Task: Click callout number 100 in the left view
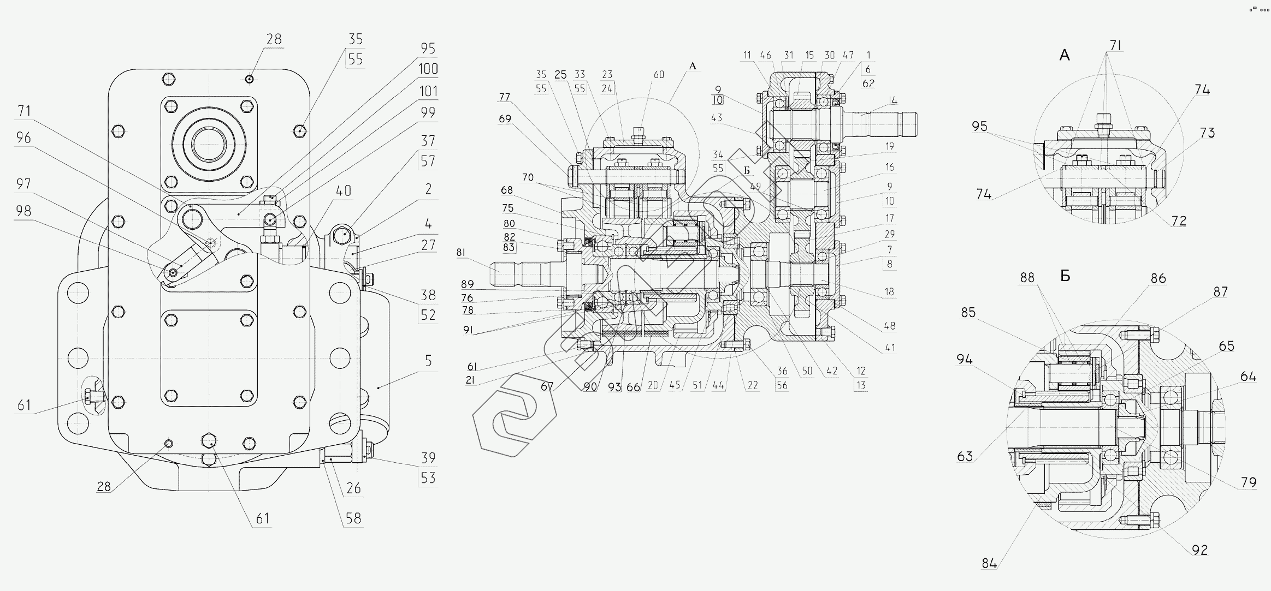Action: click(428, 69)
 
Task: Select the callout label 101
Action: click(428, 91)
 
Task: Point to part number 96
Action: click(23, 138)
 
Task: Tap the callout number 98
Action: click(23, 211)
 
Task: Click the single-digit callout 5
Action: click(428, 361)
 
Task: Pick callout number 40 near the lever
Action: click(343, 191)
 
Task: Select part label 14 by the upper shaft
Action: click(893, 100)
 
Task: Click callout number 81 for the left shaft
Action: click(461, 253)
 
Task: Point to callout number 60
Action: click(659, 74)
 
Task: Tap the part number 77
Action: click(504, 98)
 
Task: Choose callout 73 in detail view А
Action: click(1207, 133)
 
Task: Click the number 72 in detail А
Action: click(1179, 220)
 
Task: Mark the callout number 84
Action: click(989, 564)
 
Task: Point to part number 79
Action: click(1248, 482)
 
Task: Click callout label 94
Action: click(964, 359)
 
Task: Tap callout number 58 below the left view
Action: click(353, 518)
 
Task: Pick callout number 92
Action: click(1199, 550)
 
